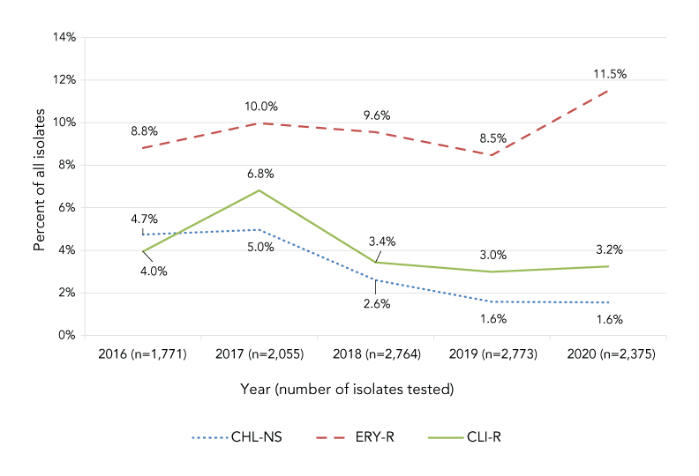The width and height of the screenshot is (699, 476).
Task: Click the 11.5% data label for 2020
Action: [609, 74]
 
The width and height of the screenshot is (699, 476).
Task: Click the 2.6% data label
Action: [376, 304]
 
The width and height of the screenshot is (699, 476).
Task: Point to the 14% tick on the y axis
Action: [65, 37]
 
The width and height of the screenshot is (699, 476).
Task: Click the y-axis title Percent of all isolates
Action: [39, 186]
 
